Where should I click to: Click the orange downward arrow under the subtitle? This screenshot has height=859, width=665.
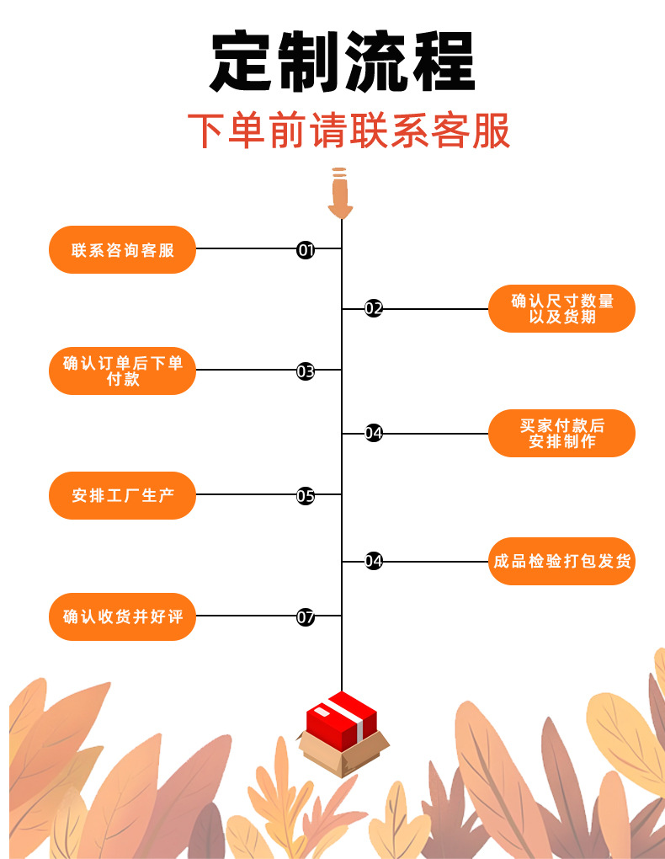(340, 193)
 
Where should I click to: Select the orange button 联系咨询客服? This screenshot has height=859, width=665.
(122, 249)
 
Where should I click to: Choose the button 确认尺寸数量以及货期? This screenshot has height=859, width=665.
(561, 308)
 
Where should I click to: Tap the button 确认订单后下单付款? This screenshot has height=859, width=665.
(122, 371)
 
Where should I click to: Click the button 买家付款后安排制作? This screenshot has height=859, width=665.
(561, 433)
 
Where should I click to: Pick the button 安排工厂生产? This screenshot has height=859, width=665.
(122, 495)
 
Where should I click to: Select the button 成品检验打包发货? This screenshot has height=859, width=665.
(561, 561)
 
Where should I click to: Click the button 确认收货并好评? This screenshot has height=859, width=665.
(122, 616)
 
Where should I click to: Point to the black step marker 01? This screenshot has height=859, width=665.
(306, 249)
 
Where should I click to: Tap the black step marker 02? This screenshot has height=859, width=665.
(374, 308)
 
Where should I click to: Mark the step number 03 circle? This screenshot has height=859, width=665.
(306, 371)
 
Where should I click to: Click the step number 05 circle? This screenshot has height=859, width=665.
(306, 495)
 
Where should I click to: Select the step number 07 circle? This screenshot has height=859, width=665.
(306, 616)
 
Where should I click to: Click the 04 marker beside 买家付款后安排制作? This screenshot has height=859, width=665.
(374, 433)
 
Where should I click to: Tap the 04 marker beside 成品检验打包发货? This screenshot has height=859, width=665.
(374, 561)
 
